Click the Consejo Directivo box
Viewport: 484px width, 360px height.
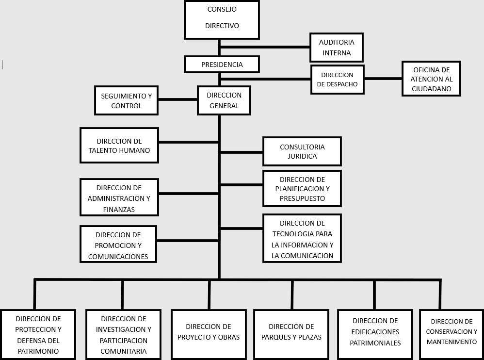tap(222, 20)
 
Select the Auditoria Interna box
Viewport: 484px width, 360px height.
tap(337, 48)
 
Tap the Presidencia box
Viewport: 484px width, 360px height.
tap(222, 65)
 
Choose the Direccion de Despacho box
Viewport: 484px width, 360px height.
tap(338, 80)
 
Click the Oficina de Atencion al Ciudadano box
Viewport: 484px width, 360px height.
tap(431, 79)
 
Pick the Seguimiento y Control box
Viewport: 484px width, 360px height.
tap(126, 100)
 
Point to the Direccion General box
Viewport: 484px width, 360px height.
tap(224, 100)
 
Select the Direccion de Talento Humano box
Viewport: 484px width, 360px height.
tap(119, 146)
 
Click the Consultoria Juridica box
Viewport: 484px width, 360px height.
tap(302, 151)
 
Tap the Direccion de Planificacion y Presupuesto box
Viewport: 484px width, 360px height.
tap(302, 189)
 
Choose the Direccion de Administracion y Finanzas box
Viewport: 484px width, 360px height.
tap(119, 197)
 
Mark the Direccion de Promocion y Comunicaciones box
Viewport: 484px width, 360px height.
tap(118, 244)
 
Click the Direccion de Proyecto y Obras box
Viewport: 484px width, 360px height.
tap(209, 335)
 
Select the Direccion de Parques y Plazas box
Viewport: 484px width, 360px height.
tap(291, 335)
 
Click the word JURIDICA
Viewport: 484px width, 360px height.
tap(302, 156)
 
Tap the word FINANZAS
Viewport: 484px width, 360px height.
tap(119, 210)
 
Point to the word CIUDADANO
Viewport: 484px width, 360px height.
tap(432, 89)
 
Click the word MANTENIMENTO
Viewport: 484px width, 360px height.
tap(452, 342)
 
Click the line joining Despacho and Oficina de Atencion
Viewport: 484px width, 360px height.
tap(383, 79)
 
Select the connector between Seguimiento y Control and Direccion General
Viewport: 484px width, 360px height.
tap(178, 99)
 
